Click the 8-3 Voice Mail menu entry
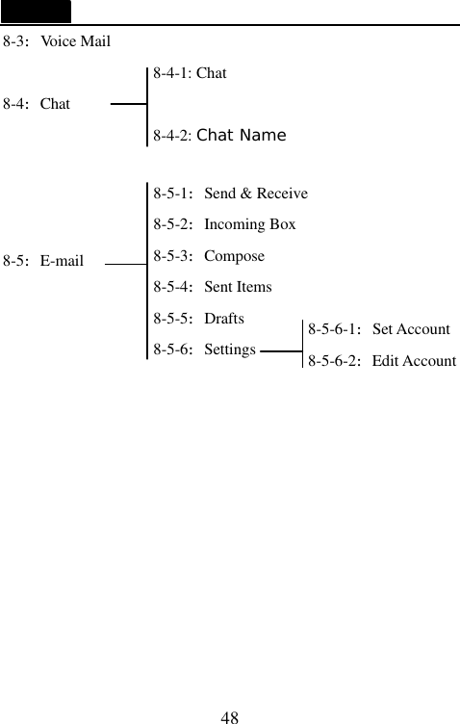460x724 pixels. [x=57, y=42]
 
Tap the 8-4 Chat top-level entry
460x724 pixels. [x=37, y=104]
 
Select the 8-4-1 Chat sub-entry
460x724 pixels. [x=190, y=73]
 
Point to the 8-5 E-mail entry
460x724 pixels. [x=43, y=261]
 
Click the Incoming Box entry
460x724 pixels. [x=224, y=225]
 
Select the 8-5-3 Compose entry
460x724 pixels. [x=209, y=256]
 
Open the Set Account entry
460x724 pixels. [x=378, y=330]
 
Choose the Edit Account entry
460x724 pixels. [x=381, y=361]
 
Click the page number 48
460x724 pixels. [x=229, y=716]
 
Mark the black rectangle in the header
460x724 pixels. [x=36, y=12]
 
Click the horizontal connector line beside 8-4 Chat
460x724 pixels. [x=129, y=105]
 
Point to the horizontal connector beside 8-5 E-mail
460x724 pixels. [x=124, y=261]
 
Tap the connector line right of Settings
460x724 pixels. [x=280, y=351]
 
